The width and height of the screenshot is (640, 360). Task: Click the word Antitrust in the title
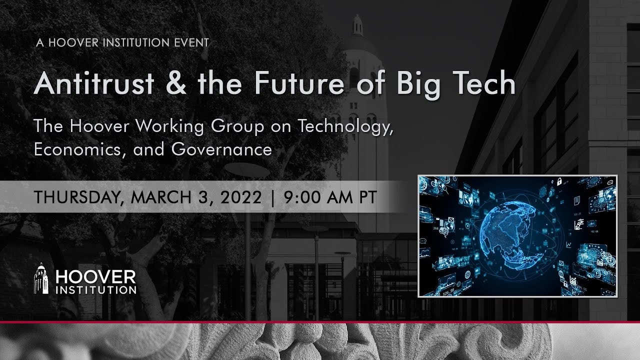pyautogui.click(x=94, y=84)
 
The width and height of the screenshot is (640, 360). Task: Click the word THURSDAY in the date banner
pyautogui.click(x=76, y=196)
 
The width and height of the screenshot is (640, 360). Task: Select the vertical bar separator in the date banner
pyautogui.click(x=272, y=196)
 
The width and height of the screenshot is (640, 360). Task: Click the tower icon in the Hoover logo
pyautogui.click(x=41, y=279)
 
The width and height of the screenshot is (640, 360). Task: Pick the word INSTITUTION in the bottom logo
pyautogui.click(x=96, y=289)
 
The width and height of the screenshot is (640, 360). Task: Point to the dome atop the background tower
pyautogui.click(x=357, y=25)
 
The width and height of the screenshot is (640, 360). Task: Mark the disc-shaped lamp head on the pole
pyautogui.click(x=246, y=169)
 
